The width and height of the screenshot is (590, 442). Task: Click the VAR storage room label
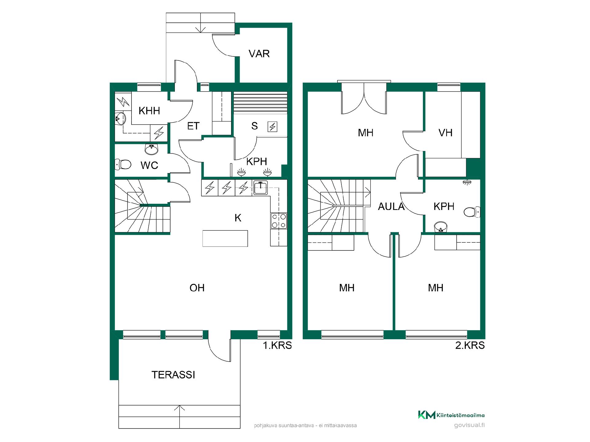(259, 54)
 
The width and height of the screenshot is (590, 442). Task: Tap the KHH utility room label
(149, 110)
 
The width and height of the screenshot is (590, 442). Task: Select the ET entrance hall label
(193, 126)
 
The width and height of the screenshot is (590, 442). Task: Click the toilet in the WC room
(123, 165)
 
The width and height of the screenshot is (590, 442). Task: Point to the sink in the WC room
(151, 149)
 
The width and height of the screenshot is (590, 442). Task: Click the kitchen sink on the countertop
(261, 188)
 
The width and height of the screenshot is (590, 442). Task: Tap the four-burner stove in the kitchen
(279, 221)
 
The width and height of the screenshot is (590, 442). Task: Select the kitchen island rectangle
(225, 238)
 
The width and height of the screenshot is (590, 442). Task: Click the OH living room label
(197, 288)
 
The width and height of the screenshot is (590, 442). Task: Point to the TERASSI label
(173, 375)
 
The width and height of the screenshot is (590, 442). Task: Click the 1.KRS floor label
(277, 345)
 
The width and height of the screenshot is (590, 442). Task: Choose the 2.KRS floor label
(470, 345)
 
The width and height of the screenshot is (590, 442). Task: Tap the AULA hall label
(391, 207)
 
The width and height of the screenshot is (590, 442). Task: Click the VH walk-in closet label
(446, 133)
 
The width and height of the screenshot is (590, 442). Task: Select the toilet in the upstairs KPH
(472, 212)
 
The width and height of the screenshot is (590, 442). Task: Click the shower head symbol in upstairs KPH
(467, 182)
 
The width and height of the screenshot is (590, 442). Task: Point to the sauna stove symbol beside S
(273, 126)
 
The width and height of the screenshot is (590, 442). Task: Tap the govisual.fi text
(469, 425)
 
